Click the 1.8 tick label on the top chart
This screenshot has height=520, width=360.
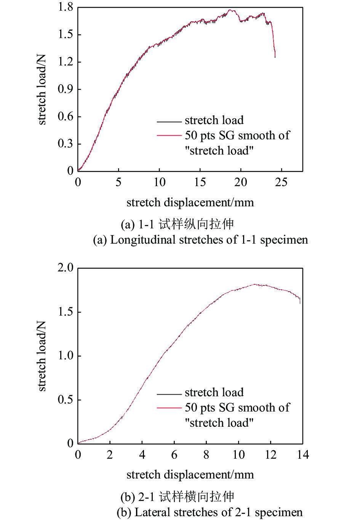coord(65,7)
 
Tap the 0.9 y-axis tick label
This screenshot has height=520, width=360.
coord(65,89)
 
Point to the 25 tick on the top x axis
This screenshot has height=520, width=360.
coord(281,182)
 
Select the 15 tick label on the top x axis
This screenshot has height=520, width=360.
coord(200,182)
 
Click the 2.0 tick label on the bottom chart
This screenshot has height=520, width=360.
coord(65,268)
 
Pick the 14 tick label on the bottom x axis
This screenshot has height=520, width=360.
coord(303,455)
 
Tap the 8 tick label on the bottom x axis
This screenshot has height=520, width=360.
coord(206,455)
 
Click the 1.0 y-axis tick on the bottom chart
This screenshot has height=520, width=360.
coord(65,356)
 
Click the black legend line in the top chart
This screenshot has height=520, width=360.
coord(169,121)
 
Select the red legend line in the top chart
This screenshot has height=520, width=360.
coord(169,135)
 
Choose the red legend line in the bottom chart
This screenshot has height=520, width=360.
coord(169,408)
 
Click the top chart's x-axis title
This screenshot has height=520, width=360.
coord(190,203)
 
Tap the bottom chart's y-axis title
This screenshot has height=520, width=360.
coord(42,356)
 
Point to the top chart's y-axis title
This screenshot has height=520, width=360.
coord(42,89)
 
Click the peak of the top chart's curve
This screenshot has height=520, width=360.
coord(230,10)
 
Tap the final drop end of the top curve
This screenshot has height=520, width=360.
coord(275,57)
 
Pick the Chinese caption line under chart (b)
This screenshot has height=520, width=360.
coord(177,497)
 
